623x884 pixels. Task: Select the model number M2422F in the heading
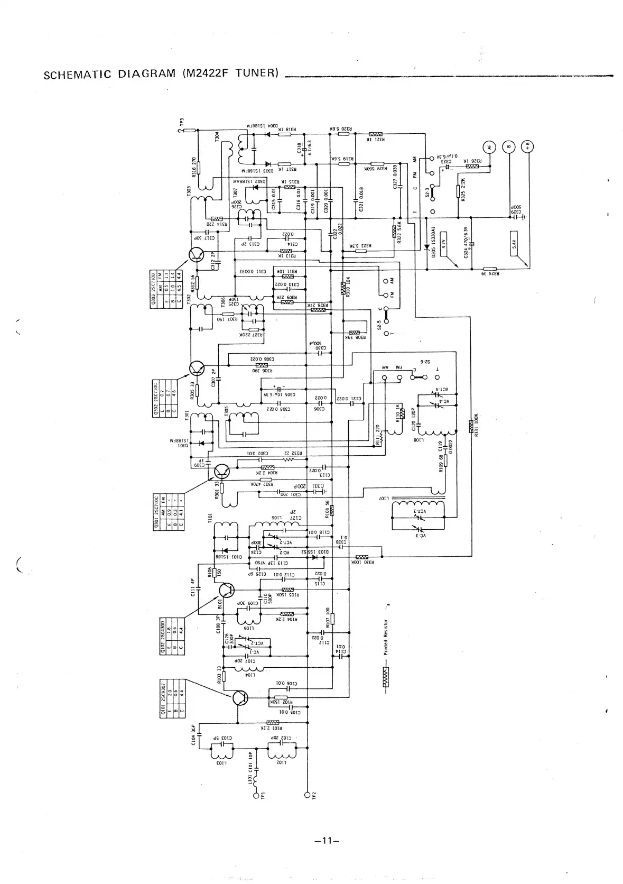coord(208,72)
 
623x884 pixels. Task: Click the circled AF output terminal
coord(489,148)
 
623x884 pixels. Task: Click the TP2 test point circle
coord(307,794)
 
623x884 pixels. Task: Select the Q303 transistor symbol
coord(197,255)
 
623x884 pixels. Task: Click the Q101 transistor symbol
coord(240,698)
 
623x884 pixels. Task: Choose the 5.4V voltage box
coord(515,243)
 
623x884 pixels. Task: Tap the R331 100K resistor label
coord(476,423)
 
